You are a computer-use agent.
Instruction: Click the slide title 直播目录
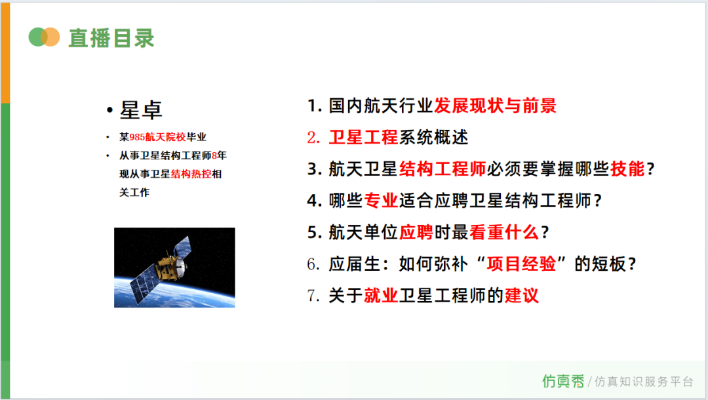111,38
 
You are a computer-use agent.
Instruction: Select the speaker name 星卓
140,110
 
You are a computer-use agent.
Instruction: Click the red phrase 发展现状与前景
496,106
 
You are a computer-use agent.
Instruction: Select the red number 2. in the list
313,137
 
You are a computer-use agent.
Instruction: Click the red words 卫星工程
363,137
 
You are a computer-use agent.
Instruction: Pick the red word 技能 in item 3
627,169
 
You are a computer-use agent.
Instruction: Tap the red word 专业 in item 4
381,201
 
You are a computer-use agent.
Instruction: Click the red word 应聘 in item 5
416,232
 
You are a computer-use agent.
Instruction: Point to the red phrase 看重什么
504,232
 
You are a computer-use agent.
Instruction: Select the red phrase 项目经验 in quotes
521,264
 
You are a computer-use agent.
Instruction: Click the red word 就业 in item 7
381,296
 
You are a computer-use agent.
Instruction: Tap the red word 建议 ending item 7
522,296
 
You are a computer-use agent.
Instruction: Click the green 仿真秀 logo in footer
563,382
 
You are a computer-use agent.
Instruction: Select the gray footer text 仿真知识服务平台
644,382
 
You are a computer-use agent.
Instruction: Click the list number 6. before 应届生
313,264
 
